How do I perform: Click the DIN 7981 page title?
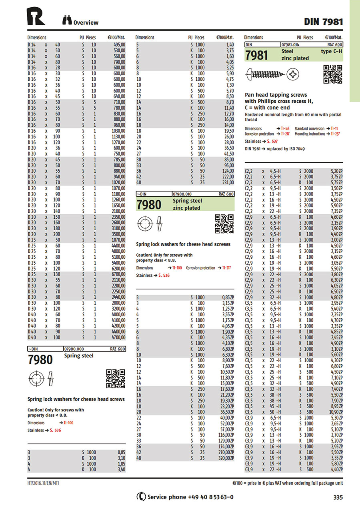click(323, 21)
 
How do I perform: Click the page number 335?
click(338, 497)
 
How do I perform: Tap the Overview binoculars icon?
click(67, 21)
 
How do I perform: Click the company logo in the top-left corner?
click(36, 16)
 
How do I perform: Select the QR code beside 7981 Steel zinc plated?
click(332, 74)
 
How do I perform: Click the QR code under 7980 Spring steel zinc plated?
click(224, 224)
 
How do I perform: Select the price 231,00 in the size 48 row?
click(227, 182)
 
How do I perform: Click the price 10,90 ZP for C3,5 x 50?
click(334, 412)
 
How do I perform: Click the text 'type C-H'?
click(332, 52)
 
